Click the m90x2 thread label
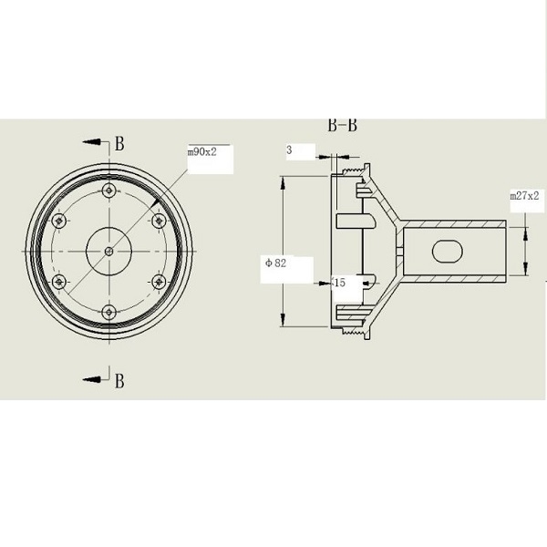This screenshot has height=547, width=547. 202,152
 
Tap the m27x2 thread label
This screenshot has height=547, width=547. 524,196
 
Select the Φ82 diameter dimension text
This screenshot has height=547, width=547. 275,263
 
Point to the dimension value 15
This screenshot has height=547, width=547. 339,283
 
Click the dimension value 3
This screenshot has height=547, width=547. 289,150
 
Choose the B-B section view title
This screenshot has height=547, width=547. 342,125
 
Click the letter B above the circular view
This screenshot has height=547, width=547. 119,143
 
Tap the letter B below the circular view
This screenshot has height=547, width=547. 119,381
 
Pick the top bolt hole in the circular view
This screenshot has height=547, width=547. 109,191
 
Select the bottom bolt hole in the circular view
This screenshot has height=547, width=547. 109,312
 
